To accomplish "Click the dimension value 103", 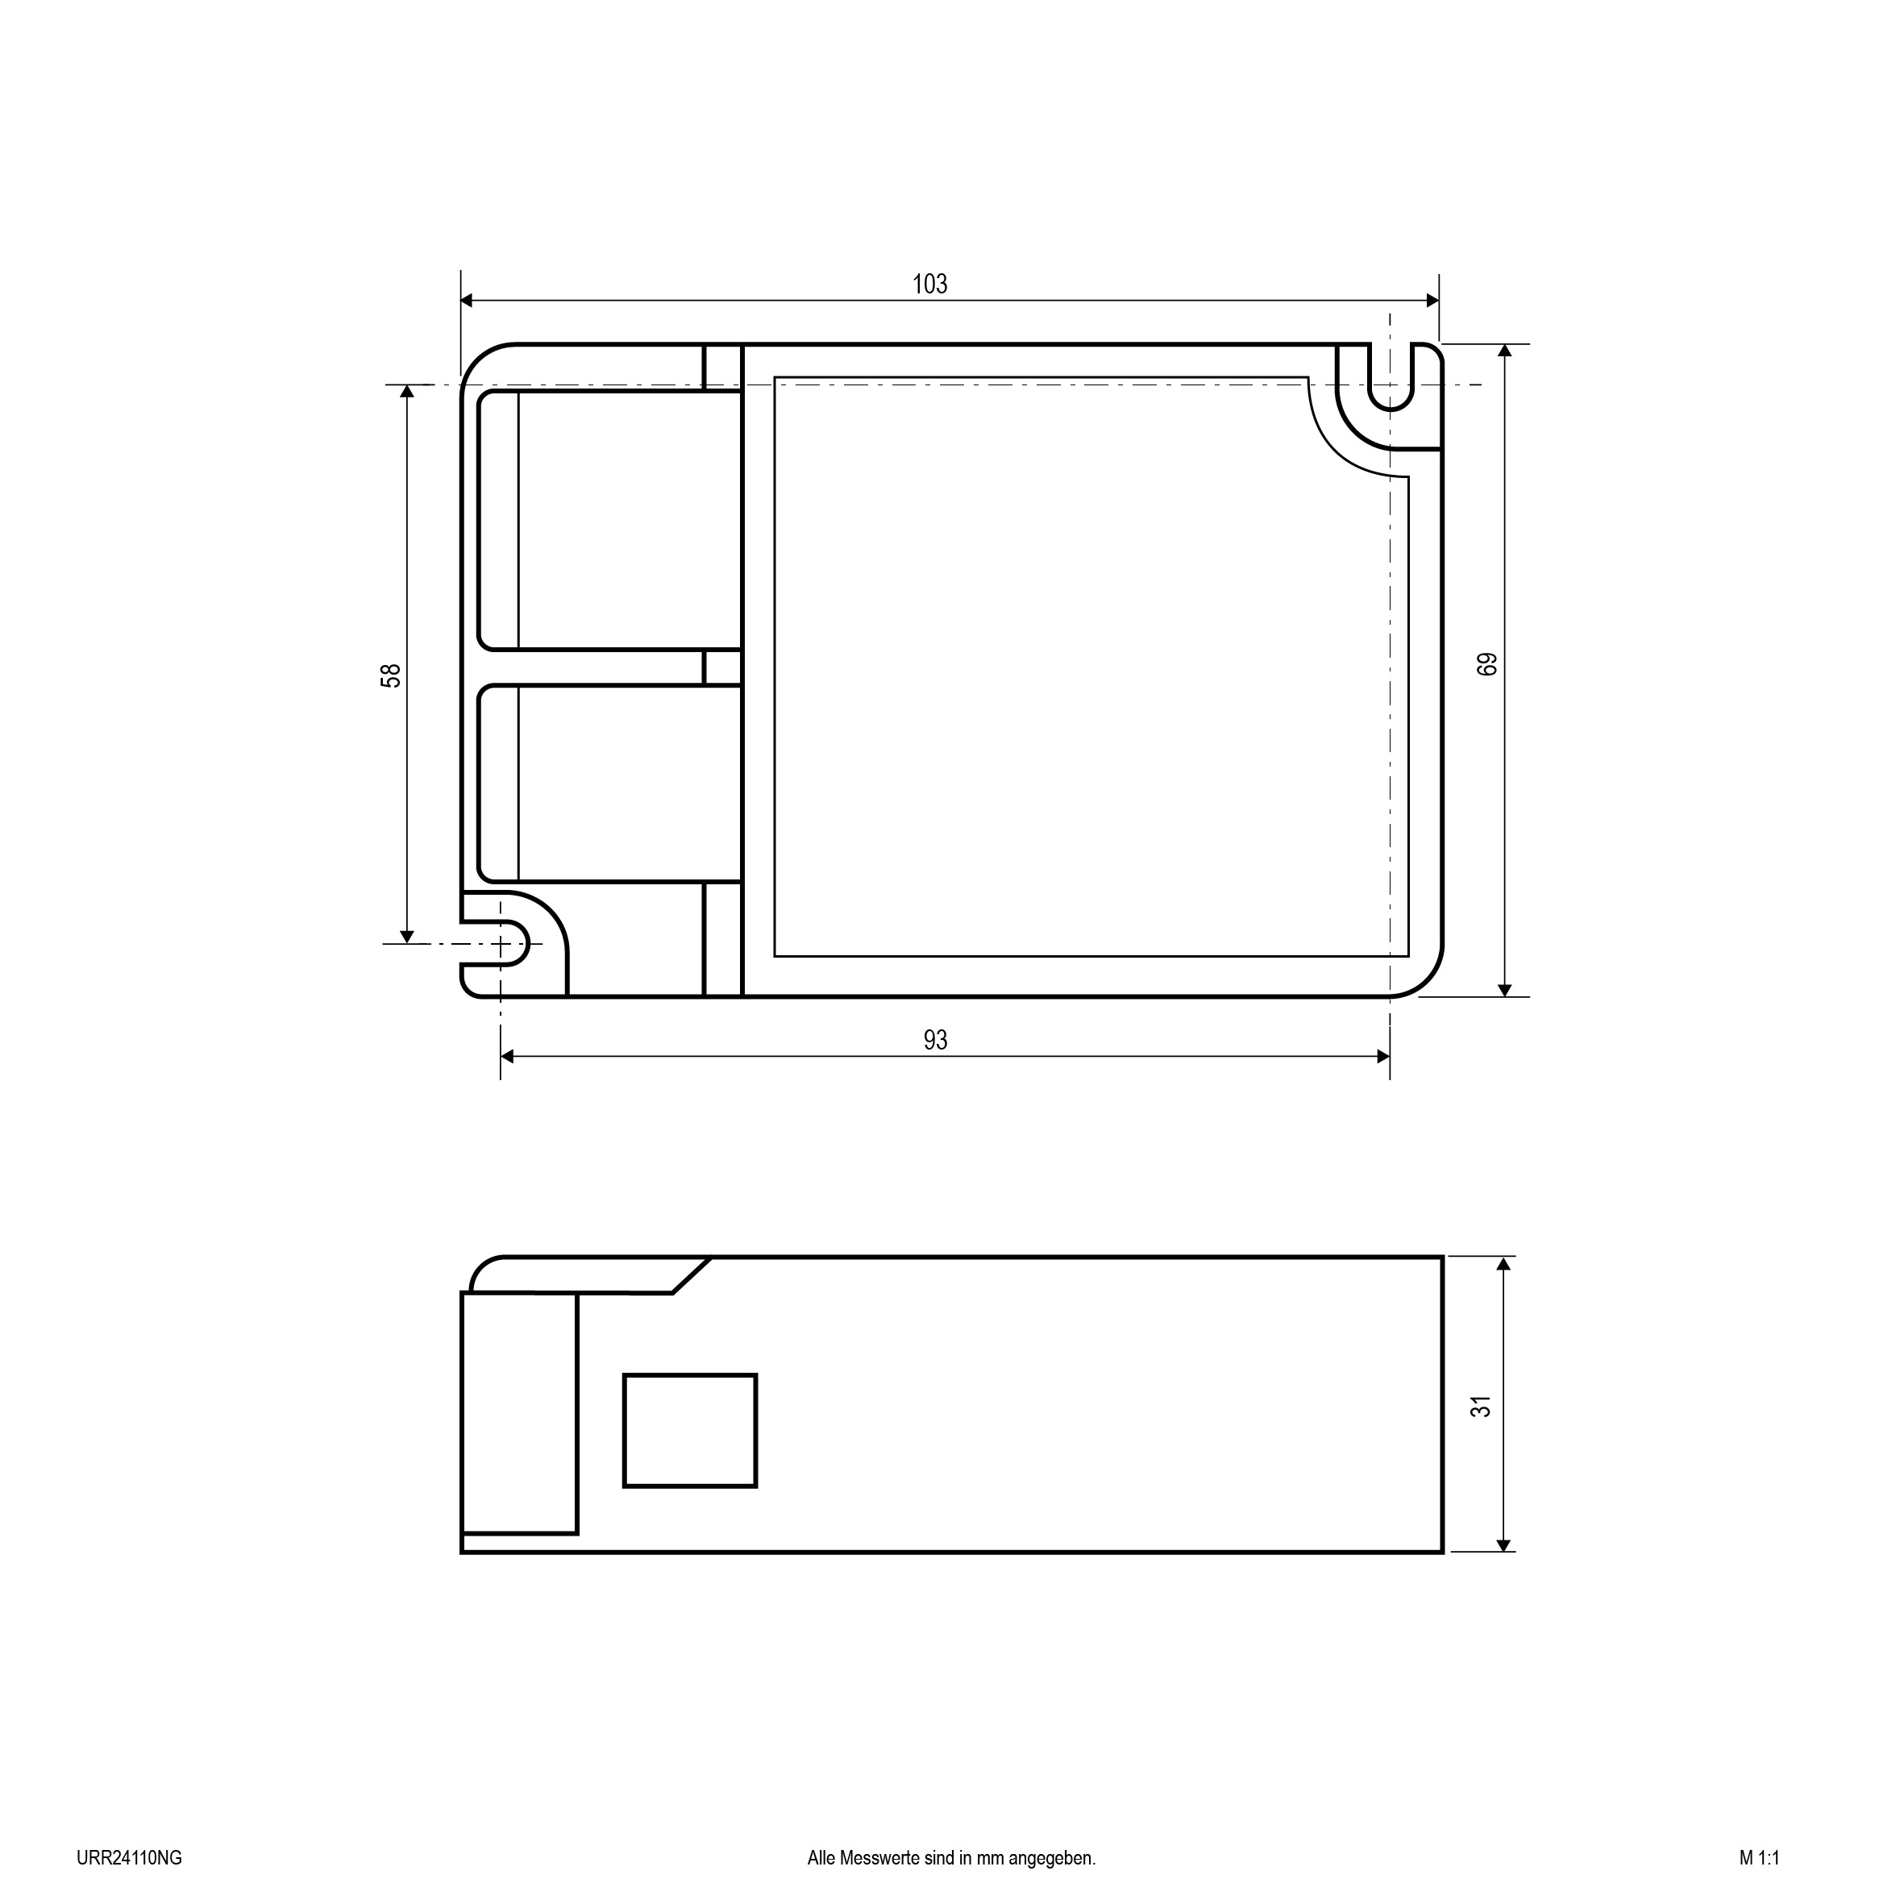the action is tap(929, 284).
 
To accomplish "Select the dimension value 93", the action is tap(935, 1040).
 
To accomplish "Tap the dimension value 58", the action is tap(391, 675).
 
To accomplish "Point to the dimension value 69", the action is tap(1487, 663).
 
